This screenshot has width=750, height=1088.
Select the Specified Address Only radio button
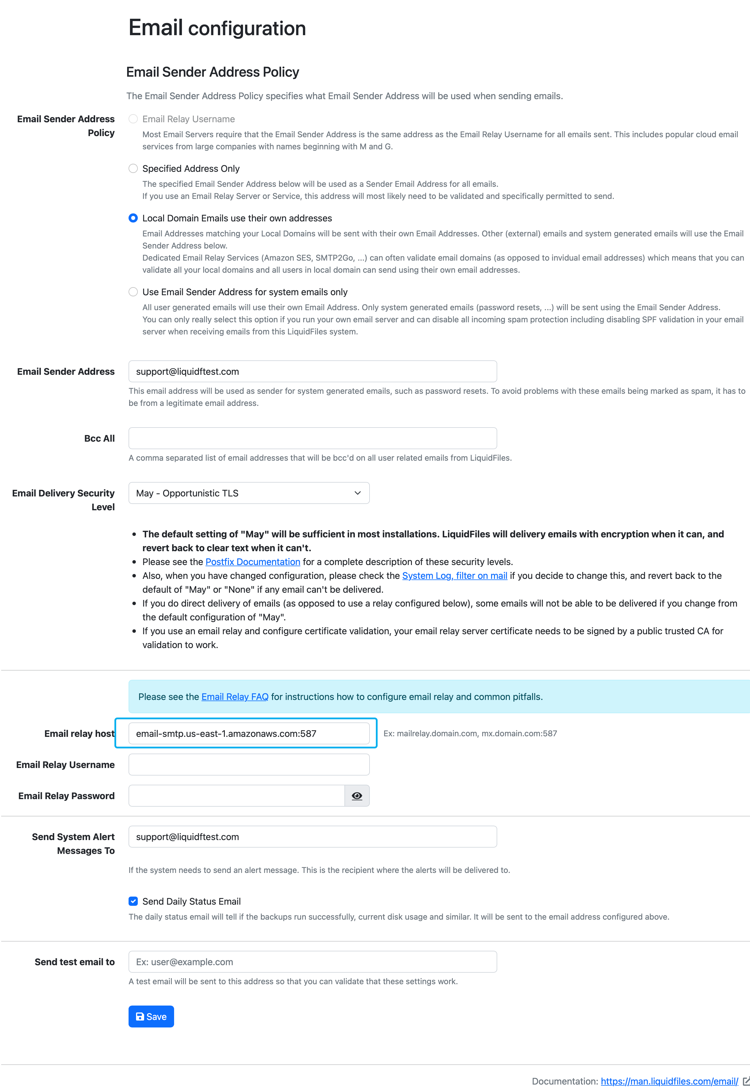click(133, 168)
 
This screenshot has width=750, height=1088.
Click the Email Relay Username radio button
click(133, 119)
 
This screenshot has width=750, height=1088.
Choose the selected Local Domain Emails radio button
click(133, 218)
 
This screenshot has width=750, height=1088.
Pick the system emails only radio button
click(133, 292)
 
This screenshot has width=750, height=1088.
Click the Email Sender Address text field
click(312, 371)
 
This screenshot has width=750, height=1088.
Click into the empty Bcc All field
click(312, 438)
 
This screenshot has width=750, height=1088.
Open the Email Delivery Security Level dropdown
click(248, 493)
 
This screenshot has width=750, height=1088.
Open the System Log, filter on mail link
click(455, 576)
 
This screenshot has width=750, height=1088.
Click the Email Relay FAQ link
click(235, 697)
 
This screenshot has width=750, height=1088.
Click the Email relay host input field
click(248, 734)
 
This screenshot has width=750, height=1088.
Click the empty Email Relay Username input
click(248, 765)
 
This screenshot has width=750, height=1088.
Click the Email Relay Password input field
click(236, 796)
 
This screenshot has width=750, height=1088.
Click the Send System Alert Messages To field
click(312, 837)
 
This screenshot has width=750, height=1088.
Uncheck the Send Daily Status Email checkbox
click(133, 901)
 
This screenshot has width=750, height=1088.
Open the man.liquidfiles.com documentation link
click(669, 1081)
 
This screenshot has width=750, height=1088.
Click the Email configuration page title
click(217, 28)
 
